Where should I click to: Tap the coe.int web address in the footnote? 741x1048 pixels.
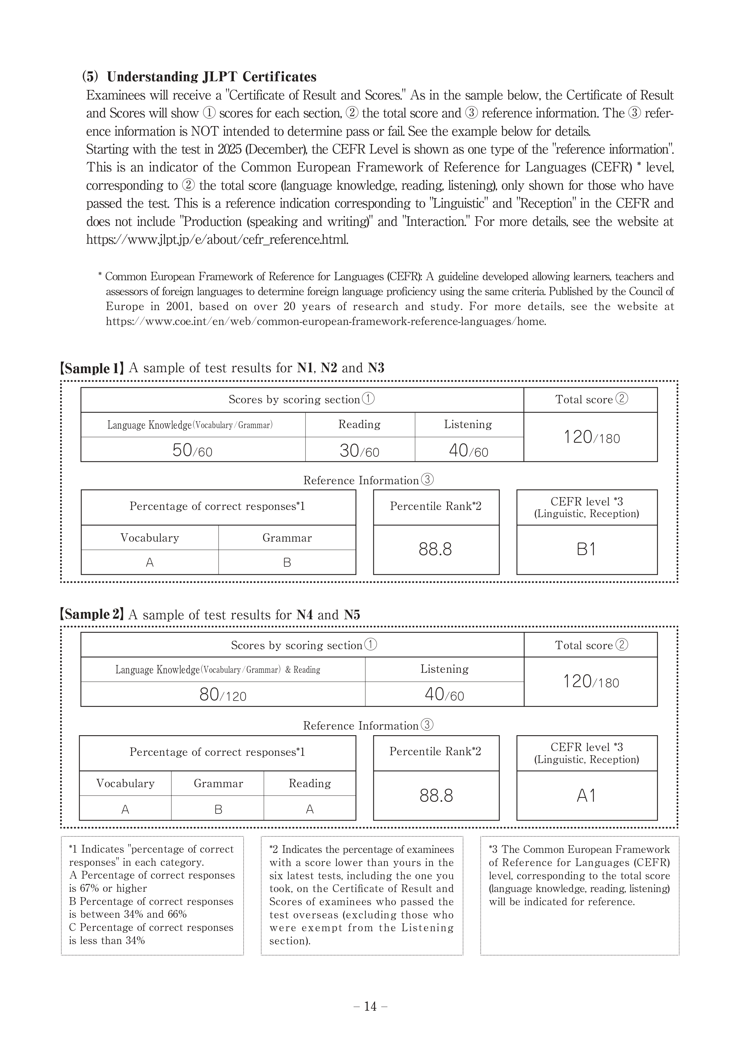coord(326,321)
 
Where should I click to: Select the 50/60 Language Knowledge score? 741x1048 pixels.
coord(192,451)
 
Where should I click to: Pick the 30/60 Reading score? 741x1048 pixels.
coord(359,451)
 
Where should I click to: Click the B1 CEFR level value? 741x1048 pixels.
coord(586,549)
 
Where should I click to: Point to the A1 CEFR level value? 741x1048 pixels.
coord(586,796)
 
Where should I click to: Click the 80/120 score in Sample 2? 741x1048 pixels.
coord(223,695)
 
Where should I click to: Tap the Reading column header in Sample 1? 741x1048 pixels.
coord(359,425)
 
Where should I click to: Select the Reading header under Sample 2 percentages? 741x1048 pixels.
coord(309,783)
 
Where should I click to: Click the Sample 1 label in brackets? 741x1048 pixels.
coord(92,368)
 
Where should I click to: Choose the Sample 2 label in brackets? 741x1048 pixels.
coord(92,615)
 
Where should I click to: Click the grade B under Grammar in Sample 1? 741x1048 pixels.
coord(287,562)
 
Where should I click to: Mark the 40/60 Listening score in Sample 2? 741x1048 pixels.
coord(444,695)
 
